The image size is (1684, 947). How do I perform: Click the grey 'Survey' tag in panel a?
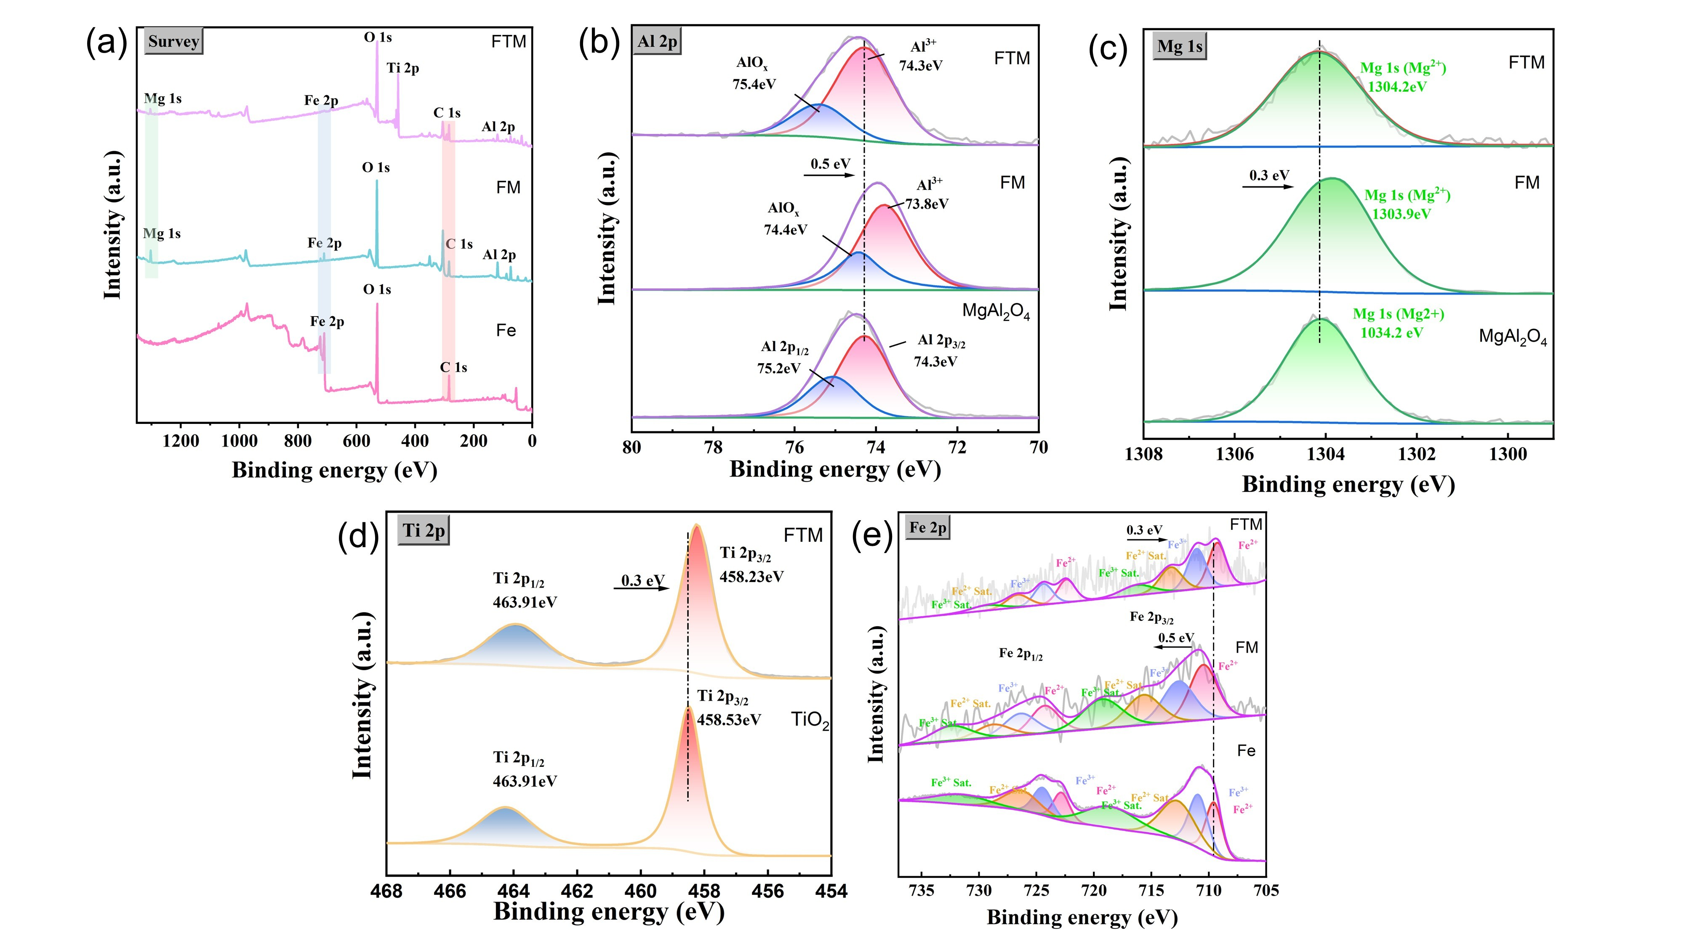tap(173, 41)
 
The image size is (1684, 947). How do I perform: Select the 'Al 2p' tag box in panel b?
tap(657, 41)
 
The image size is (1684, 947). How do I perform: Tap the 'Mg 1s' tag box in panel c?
tap(1179, 46)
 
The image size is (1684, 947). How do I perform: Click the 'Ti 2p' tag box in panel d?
tap(424, 531)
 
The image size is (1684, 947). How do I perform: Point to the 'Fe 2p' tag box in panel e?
tap(927, 527)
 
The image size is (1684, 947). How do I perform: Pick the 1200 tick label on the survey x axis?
tap(181, 441)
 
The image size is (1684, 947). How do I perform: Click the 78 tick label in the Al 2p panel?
tap(713, 448)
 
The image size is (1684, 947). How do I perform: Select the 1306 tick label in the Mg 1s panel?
tap(1234, 454)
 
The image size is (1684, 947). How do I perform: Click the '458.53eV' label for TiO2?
tap(729, 720)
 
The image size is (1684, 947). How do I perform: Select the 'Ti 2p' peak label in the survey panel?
tap(403, 68)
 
